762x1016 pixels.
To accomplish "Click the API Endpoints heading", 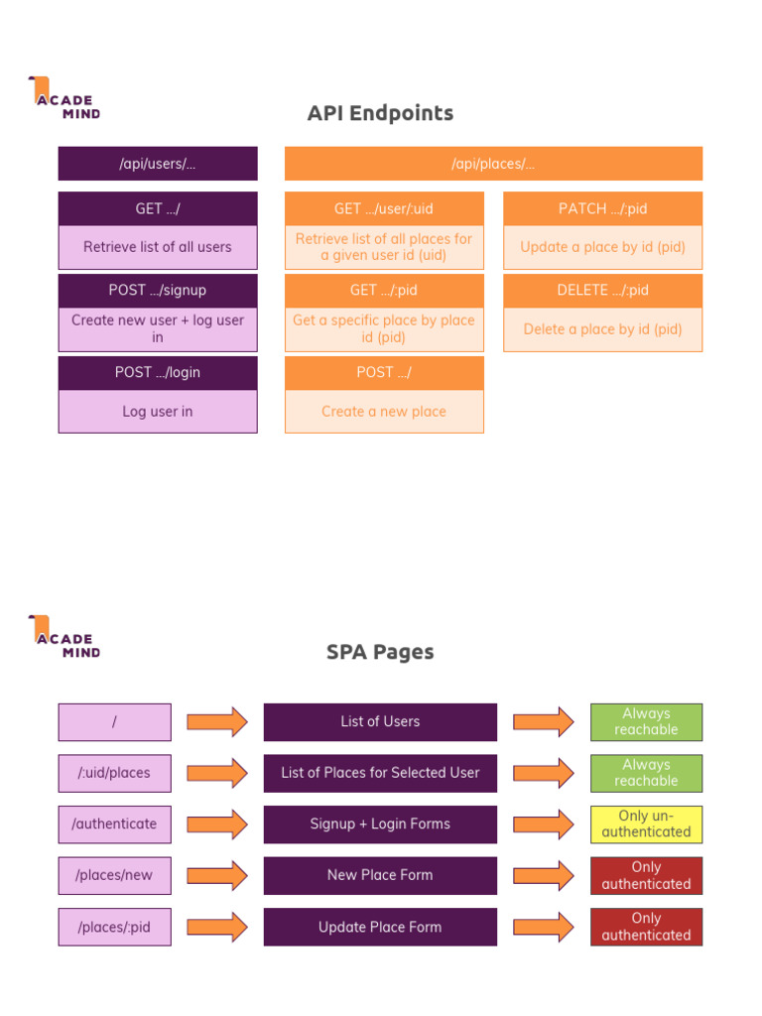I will [x=380, y=113].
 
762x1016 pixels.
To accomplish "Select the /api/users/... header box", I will [x=158, y=164].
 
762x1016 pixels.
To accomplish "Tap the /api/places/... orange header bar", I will [x=493, y=164].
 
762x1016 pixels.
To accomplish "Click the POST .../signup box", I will [x=158, y=291].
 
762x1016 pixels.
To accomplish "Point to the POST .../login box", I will [x=158, y=372].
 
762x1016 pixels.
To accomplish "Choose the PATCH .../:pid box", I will [x=602, y=208].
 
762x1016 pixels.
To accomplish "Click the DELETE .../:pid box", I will [x=602, y=291].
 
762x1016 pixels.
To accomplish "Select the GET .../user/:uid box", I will [x=384, y=208].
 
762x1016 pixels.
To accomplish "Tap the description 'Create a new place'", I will [x=384, y=412].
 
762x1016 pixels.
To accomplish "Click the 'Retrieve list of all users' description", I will [x=158, y=247].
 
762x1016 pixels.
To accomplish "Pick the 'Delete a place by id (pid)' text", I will [x=602, y=329].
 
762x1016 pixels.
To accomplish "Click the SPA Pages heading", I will [x=380, y=652].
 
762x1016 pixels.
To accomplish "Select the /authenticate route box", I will [x=114, y=824].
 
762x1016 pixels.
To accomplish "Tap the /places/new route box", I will [x=114, y=875].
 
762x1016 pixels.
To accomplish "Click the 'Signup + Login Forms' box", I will [x=380, y=824].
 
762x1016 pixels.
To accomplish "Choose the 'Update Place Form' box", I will [x=380, y=927].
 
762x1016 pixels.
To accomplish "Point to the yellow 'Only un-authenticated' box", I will [x=646, y=824].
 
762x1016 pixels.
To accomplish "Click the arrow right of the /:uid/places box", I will [x=217, y=773].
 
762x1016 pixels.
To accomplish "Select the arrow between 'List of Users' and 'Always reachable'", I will [x=543, y=721].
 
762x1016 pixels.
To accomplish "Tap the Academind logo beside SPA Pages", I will [x=64, y=637].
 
